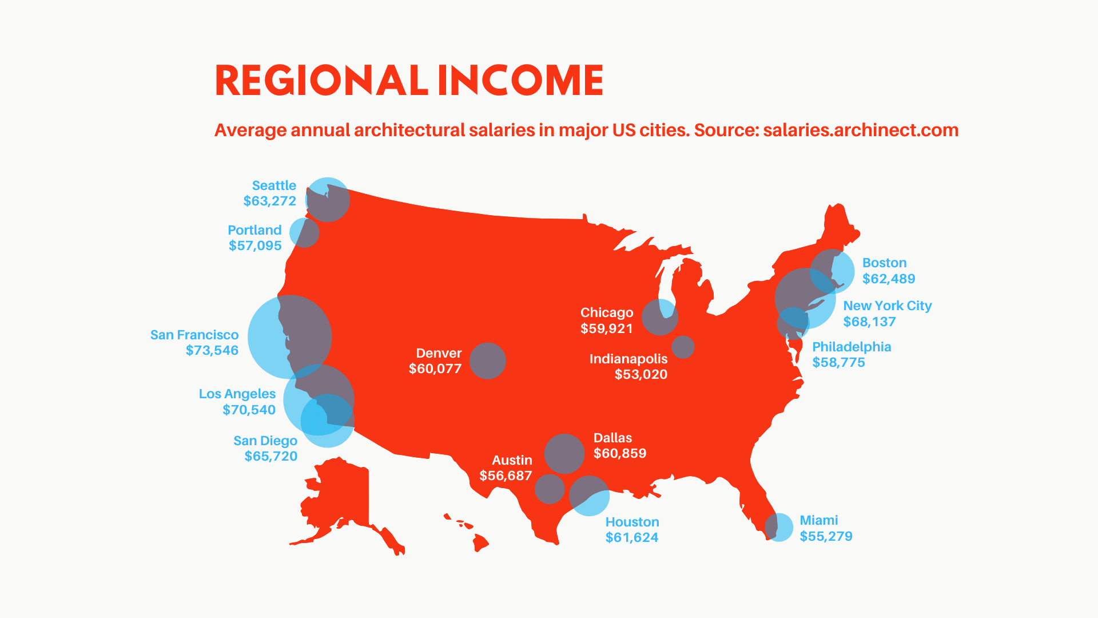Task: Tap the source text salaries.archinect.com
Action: [860, 130]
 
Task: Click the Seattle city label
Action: [274, 185]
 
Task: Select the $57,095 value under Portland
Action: [255, 245]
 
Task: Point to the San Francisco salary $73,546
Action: [212, 350]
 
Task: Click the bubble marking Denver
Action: [487, 360]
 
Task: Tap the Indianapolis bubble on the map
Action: [683, 347]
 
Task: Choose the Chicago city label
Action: [606, 312]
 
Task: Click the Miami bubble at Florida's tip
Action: [779, 527]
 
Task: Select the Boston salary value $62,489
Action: [889, 279]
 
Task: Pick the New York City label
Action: [887, 306]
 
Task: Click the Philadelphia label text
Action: [852, 347]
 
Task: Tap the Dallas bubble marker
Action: [564, 453]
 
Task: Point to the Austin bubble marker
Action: [550, 489]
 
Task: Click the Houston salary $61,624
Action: [632, 537]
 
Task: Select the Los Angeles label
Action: [237, 394]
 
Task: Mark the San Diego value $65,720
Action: [271, 456]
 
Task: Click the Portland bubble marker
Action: [304, 232]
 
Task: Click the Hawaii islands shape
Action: [479, 540]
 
